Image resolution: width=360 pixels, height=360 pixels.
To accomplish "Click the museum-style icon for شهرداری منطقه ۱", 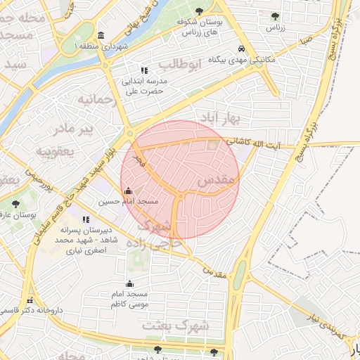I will tap(102, 36).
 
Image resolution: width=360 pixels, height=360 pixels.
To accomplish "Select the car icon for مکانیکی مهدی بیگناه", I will tap(241, 49).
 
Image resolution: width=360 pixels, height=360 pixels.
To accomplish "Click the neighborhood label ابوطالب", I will tap(179, 65).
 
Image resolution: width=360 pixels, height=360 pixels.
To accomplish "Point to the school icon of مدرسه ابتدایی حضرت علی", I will tap(144, 70).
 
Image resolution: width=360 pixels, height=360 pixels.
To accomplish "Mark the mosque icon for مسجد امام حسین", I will tap(127, 191).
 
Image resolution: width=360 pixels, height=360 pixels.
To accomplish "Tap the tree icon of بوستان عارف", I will tap(15, 205).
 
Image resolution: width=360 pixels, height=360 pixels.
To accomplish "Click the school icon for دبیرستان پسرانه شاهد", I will tap(86, 219).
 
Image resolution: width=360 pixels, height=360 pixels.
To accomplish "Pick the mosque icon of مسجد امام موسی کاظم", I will tap(129, 283).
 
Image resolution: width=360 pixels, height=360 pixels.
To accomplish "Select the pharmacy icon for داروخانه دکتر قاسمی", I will tap(29, 300).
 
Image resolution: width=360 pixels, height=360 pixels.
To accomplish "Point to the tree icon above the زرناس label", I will tap(274, 15).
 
